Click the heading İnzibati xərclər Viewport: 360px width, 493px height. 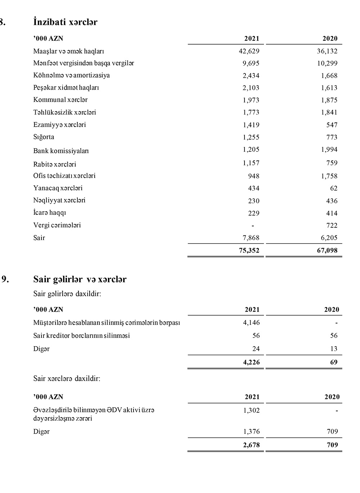click(x=65, y=22)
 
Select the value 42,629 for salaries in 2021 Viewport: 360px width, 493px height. click(x=249, y=51)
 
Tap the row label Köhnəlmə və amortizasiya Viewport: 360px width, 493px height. click(x=71, y=75)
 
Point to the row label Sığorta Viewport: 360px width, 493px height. click(x=44, y=137)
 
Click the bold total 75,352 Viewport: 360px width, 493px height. click(x=249, y=250)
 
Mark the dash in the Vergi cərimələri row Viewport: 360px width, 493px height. click(x=253, y=226)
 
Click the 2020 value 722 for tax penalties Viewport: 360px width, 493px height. click(x=332, y=225)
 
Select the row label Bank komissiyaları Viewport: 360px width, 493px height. click(x=61, y=151)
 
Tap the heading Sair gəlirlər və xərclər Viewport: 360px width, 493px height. click(x=80, y=279)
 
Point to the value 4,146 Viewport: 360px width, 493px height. click(x=251, y=322)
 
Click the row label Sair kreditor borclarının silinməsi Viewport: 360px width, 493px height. click(x=81, y=335)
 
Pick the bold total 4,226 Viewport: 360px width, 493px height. click(x=251, y=362)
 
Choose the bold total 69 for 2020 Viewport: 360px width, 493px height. click(x=334, y=362)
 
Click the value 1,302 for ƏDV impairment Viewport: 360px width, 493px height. click(x=251, y=410)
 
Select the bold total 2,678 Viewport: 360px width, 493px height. click(x=251, y=445)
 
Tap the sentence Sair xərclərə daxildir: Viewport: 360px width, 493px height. click(x=67, y=379)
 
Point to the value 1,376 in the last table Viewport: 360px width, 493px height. click(x=251, y=431)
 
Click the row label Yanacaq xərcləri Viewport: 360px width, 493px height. click(x=58, y=188)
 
